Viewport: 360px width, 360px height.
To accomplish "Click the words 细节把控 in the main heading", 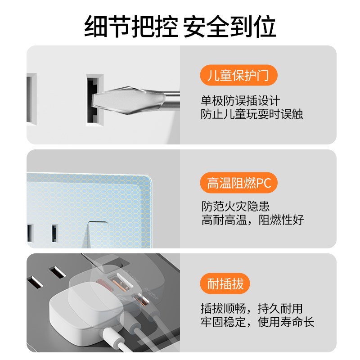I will (131, 27).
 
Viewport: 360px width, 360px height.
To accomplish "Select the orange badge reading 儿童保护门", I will (238, 75).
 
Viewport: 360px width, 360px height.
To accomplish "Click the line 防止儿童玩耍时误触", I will (252, 114).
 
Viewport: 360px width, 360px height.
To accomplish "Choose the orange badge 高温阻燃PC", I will (238, 183).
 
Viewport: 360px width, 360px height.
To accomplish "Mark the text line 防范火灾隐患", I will (235, 207).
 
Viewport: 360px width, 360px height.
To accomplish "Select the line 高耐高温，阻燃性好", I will (252, 220).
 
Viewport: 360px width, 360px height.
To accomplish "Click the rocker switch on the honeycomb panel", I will (101, 234).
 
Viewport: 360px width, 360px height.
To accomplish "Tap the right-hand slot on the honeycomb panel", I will (54, 232).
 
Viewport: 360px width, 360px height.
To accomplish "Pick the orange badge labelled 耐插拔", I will (225, 284).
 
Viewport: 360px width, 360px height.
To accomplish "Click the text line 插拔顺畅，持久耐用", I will (252, 309).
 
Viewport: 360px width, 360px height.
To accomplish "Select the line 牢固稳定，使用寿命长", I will (257, 322).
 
